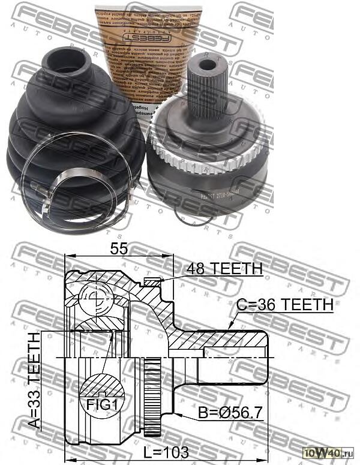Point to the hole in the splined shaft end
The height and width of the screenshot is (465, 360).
click(208, 65)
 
